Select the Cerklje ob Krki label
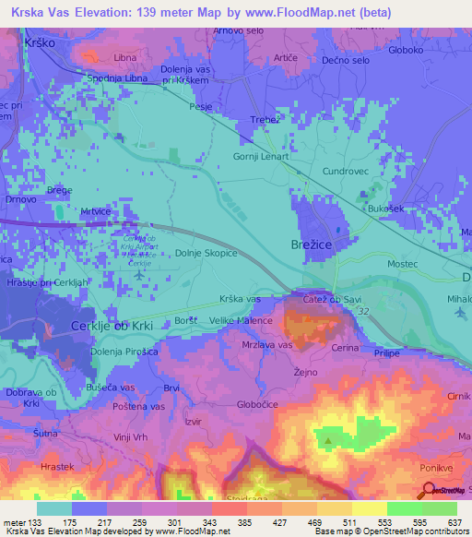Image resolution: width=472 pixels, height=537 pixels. pos(113,328)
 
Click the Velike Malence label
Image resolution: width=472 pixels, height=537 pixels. pos(242,321)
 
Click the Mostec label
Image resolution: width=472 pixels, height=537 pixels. pos(403,265)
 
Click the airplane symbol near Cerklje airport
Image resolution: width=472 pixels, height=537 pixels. pos(138,275)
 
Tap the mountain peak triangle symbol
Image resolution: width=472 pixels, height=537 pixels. pos(327,440)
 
